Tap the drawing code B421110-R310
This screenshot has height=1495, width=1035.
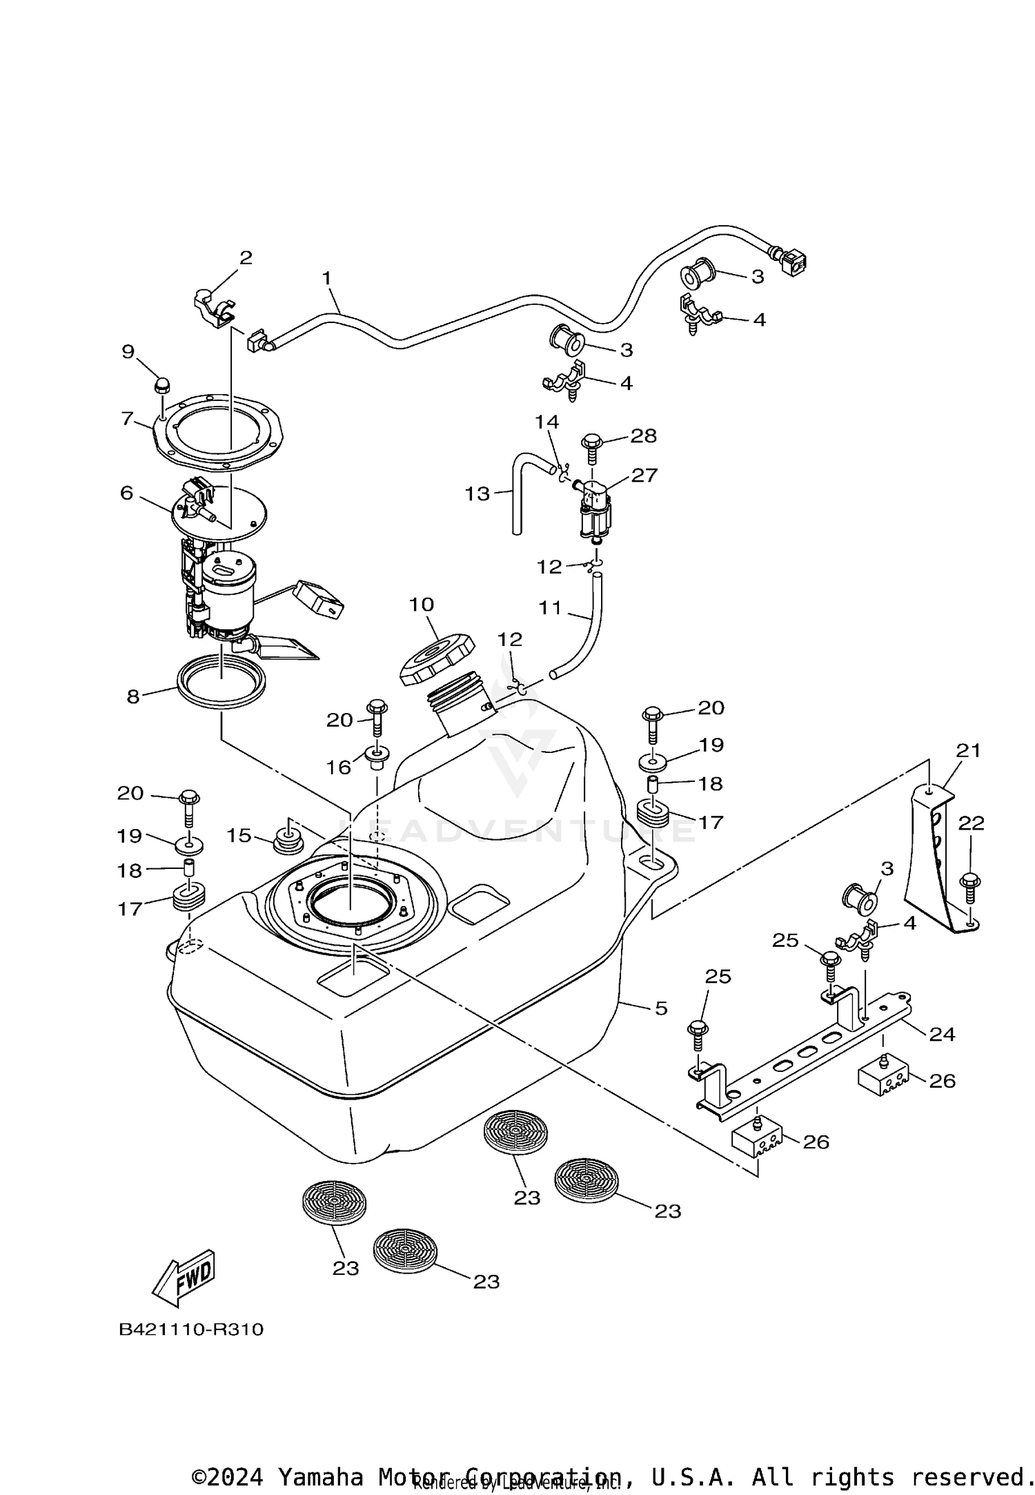pos(191,1329)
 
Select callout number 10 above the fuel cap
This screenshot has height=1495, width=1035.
pos(422,605)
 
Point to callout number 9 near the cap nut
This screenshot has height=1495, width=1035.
pos(128,351)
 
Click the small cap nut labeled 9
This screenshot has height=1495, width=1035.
pos(162,385)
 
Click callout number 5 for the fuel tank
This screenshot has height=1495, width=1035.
pos(661,1008)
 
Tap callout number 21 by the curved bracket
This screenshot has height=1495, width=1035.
pos(968,750)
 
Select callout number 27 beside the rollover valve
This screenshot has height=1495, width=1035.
pos(643,475)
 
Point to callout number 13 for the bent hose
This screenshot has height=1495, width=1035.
pos(477,494)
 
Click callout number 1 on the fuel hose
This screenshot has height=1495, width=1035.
pos(326,278)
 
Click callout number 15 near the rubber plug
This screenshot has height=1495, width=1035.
pos(239,835)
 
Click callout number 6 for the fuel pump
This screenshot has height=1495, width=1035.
pos(127,493)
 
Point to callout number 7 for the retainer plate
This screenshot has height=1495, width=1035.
pos(127,418)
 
